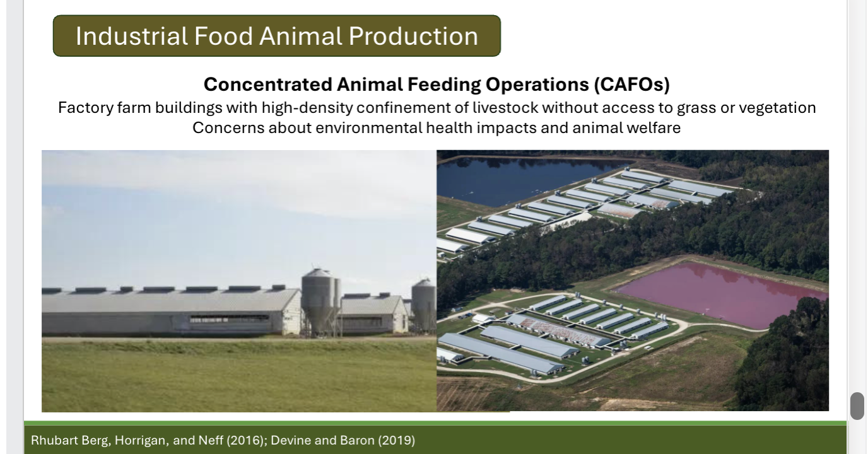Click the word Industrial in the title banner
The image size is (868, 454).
coord(131,36)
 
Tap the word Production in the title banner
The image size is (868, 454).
coord(413,36)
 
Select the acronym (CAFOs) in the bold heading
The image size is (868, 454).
coord(631,84)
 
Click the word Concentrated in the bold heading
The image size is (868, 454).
coord(267,84)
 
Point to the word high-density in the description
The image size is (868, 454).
coord(307,108)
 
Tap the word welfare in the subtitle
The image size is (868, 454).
coord(658,128)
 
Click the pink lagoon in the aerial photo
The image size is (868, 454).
coord(719,293)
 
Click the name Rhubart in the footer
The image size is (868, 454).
coord(55,440)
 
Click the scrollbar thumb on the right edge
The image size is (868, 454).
coord(857,405)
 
